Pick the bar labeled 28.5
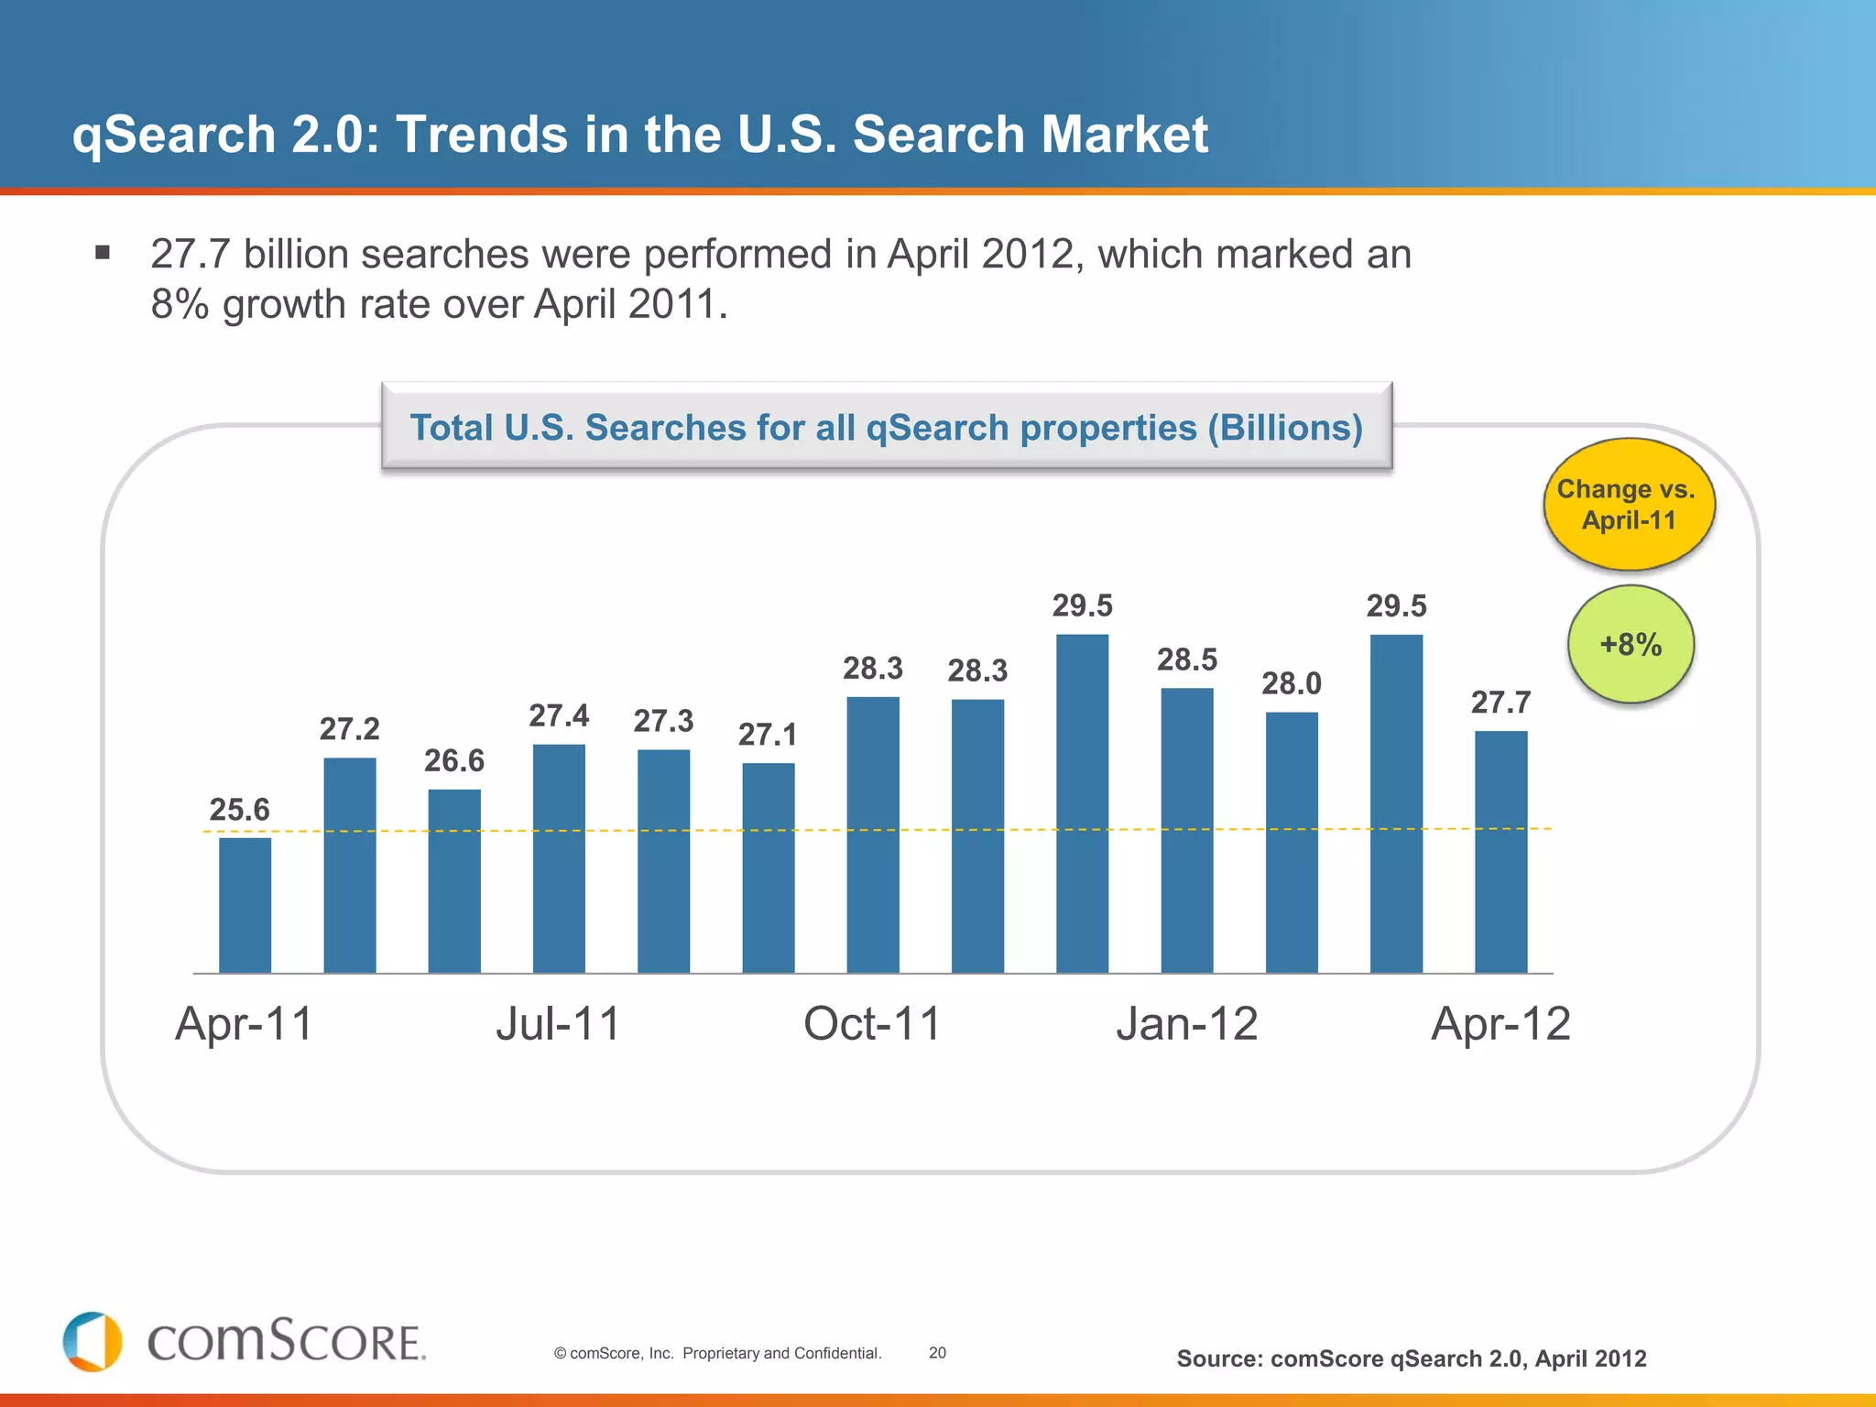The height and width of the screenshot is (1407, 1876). pyautogui.click(x=1187, y=830)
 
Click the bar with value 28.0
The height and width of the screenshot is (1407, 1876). pyautogui.click(x=1292, y=842)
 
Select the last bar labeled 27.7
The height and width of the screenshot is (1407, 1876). pyautogui.click(x=1500, y=852)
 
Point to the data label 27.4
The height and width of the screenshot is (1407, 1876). pyautogui.click(x=559, y=715)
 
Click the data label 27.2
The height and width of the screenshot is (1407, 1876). pyautogui.click(x=349, y=729)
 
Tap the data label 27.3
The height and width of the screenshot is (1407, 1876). pyautogui.click(x=663, y=721)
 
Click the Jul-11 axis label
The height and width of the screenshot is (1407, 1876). pyautogui.click(x=558, y=1023)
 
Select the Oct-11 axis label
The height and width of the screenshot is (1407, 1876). pyautogui.click(x=872, y=1023)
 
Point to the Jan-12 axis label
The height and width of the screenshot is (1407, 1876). pyautogui.click(x=1186, y=1023)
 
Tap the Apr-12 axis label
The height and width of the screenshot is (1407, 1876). pyautogui.click(x=1500, y=1023)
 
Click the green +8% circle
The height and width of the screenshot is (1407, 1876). pyautogui.click(x=1631, y=644)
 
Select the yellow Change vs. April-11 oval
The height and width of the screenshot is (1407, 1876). pyautogui.click(x=1628, y=505)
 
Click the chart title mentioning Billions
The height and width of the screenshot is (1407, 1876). pyautogui.click(x=886, y=428)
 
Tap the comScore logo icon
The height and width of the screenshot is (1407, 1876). pyautogui.click(x=93, y=1341)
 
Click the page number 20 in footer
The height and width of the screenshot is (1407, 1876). pyautogui.click(x=937, y=1353)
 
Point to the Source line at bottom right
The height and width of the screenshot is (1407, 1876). pyautogui.click(x=1411, y=1358)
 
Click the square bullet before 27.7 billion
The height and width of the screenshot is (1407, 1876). pyautogui.click(x=103, y=252)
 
